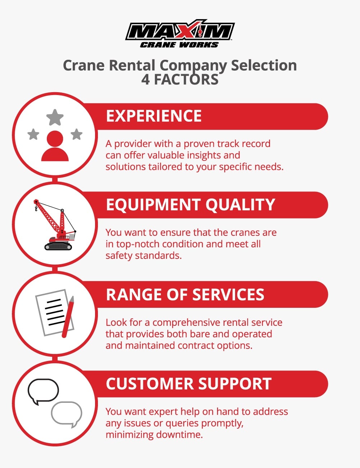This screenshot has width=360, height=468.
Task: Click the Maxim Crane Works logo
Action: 180,34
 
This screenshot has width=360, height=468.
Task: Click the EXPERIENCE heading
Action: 154,116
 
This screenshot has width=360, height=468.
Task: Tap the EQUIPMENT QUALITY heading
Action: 190,205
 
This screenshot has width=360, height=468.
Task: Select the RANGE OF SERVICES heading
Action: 185,294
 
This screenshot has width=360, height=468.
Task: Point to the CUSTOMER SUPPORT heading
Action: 189,384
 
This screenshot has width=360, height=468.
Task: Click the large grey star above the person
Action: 55,117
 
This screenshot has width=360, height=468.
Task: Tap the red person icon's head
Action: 55,139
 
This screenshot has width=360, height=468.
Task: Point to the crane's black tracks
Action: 58,246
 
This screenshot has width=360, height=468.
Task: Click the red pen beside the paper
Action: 68,317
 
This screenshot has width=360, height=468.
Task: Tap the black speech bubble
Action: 43,391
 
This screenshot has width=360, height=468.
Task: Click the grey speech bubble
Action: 67,414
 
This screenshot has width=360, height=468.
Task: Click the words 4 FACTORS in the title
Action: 180,80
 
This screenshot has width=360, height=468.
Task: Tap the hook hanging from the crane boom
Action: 36,208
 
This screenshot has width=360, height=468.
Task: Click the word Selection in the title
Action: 264,66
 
